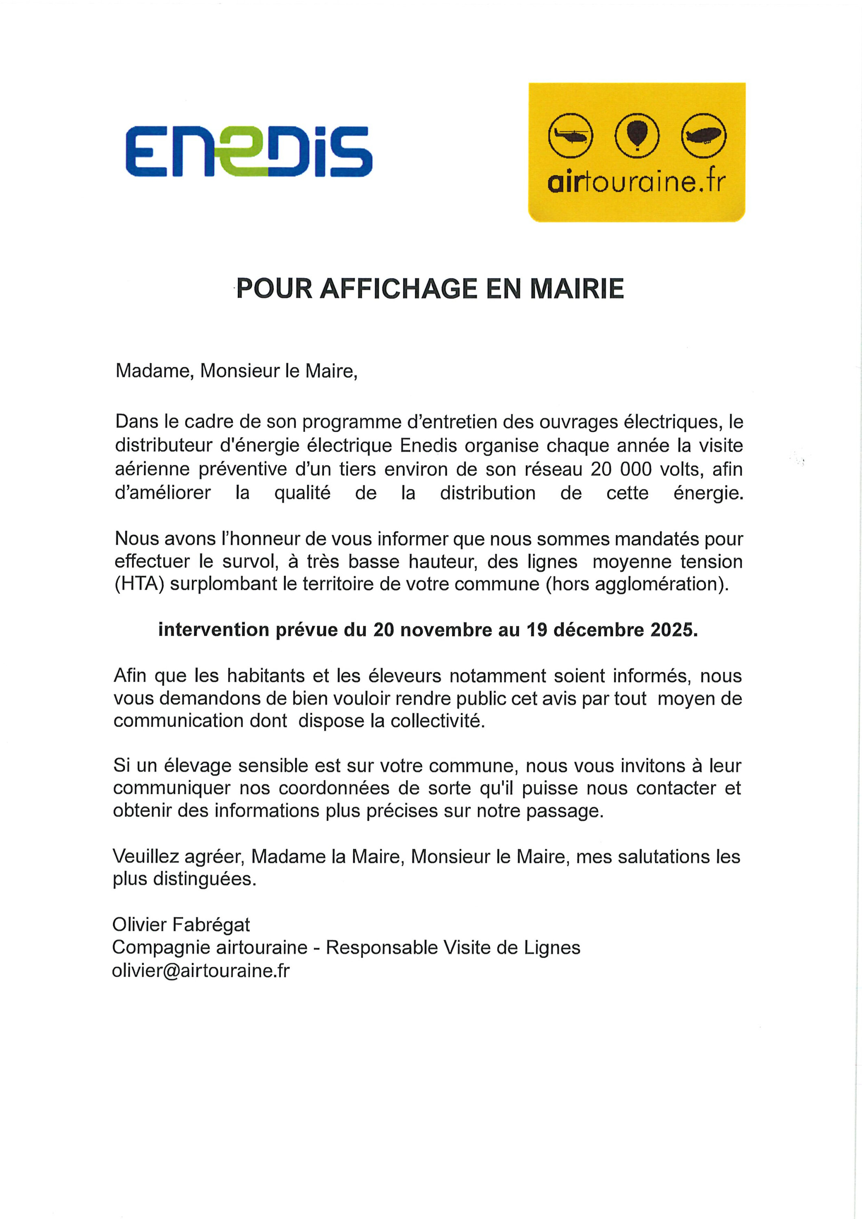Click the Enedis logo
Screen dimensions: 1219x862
[x=249, y=152]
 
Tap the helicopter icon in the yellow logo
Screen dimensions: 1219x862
[x=570, y=136]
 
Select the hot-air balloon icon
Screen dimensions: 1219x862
[x=637, y=136]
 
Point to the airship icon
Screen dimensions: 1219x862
[x=704, y=136]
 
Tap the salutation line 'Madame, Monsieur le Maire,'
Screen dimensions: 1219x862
[x=237, y=371]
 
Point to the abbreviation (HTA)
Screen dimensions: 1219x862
[x=140, y=584]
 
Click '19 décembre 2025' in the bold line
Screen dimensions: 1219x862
[x=611, y=630]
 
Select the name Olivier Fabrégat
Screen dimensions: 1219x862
[x=180, y=925]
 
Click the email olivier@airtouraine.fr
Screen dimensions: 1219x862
[x=201, y=971]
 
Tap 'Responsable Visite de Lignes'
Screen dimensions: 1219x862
[x=452, y=948]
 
